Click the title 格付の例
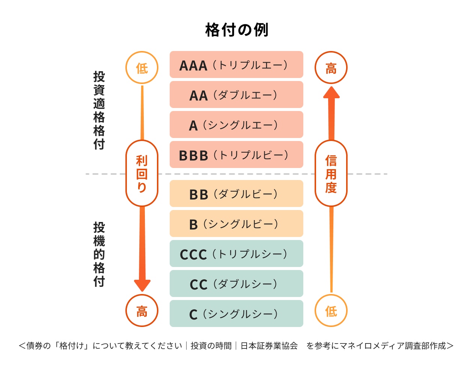point(236,30)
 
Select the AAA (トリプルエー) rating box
point(236,65)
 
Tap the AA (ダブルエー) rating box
point(236,95)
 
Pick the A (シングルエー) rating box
point(236,125)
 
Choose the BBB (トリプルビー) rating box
point(236,155)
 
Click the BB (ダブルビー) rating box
point(236,194)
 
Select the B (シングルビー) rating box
point(236,224)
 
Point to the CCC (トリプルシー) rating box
point(236,254)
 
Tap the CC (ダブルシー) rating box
point(236,284)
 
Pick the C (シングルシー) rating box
point(236,314)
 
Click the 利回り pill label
point(142,174)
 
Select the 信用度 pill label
point(331,174)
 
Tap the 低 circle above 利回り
point(142,68)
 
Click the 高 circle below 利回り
point(142,311)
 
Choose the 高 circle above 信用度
point(331,68)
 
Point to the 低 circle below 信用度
point(331,311)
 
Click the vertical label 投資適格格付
point(99,110)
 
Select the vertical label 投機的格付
point(99,254)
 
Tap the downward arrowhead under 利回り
point(142,285)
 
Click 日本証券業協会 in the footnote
point(269,346)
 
